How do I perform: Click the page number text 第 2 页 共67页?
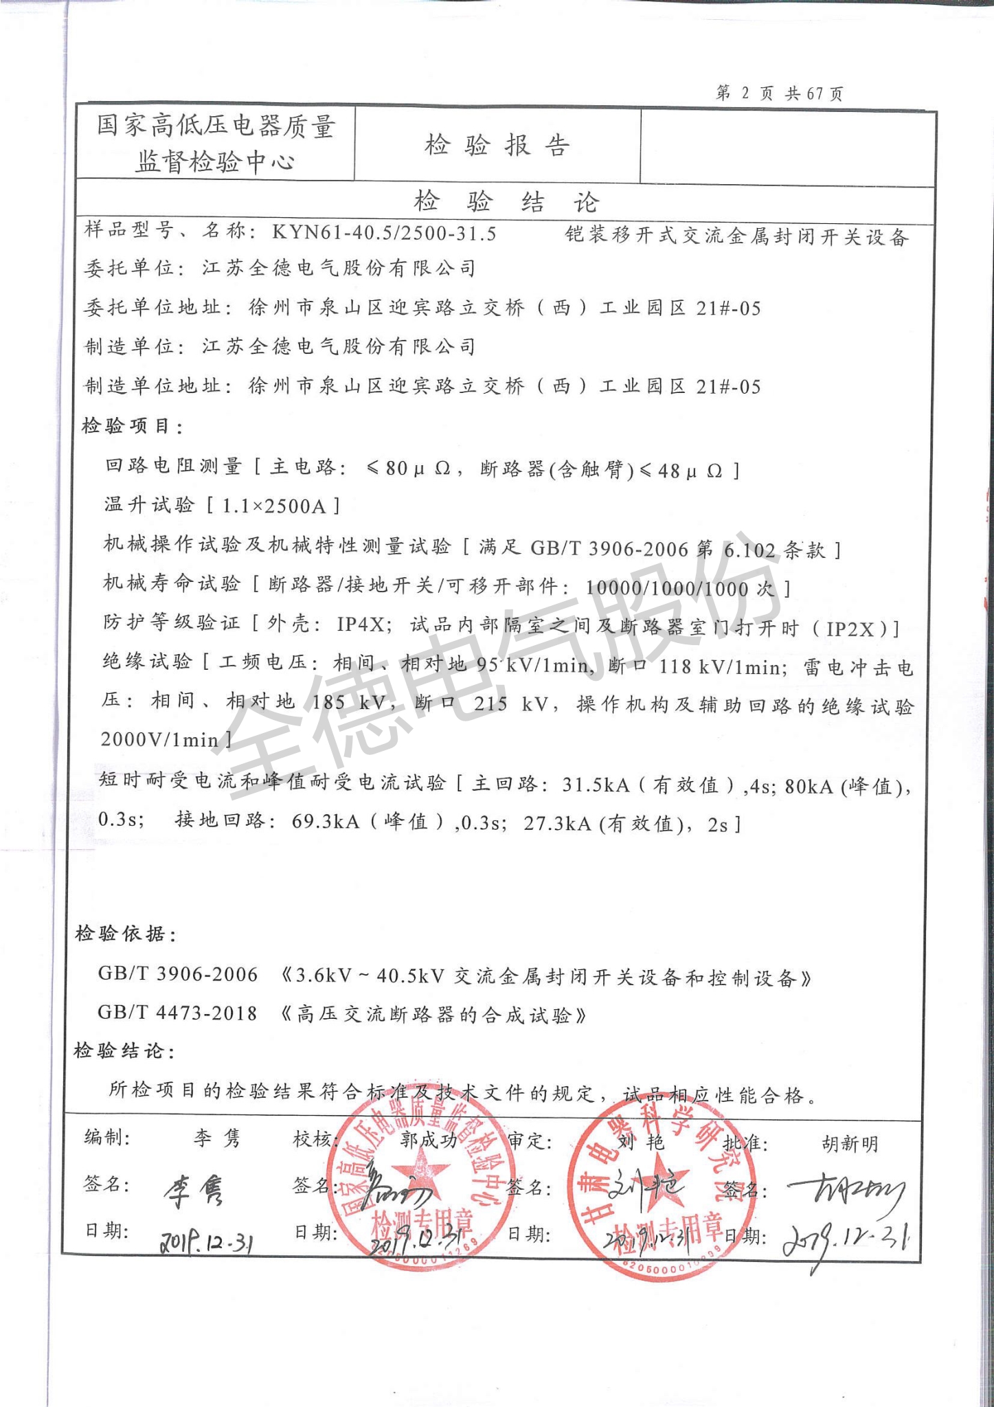pyautogui.click(x=779, y=93)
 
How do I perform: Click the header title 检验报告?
pyautogui.click(x=497, y=145)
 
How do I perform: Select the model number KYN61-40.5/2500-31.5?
pyautogui.click(x=384, y=233)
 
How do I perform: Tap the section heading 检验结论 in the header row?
pyautogui.click(x=506, y=202)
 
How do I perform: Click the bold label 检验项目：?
pyautogui.click(x=133, y=427)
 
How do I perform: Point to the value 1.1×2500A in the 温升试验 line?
pyautogui.click(x=274, y=506)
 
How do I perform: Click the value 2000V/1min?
pyautogui.click(x=159, y=740)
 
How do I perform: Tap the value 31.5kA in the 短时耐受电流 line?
pyautogui.click(x=595, y=785)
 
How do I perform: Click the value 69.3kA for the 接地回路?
pyautogui.click(x=326, y=822)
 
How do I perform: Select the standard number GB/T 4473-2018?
pyautogui.click(x=177, y=1013)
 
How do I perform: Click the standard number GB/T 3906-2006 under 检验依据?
pyautogui.click(x=178, y=974)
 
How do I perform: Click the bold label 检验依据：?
pyautogui.click(x=126, y=934)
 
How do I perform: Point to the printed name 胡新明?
pyautogui.click(x=850, y=1144)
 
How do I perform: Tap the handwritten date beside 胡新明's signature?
pyautogui.click(x=848, y=1239)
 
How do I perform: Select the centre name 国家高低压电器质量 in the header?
pyautogui.click(x=216, y=126)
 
